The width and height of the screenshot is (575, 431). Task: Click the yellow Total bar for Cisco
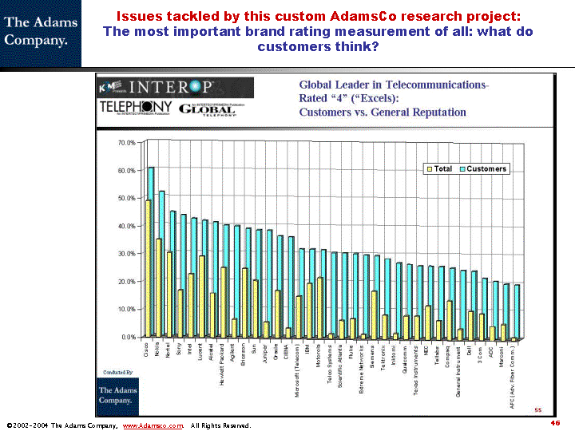[148, 268]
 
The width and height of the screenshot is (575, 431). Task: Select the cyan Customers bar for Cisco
[152, 251]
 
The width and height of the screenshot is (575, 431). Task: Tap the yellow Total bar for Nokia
[158, 287]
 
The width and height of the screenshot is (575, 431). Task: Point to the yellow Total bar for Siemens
[374, 314]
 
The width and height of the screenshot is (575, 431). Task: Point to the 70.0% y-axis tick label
[126, 143]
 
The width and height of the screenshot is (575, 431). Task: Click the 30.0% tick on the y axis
[126, 254]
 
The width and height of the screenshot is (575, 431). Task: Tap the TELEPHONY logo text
[136, 108]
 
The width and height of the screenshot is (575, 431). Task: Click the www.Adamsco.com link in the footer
[153, 425]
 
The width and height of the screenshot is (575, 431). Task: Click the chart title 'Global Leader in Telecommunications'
[394, 85]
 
